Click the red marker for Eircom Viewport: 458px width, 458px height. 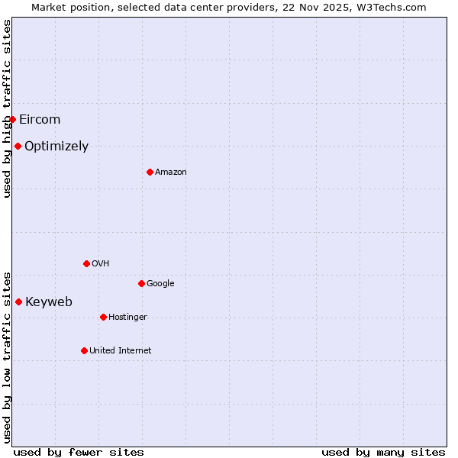click(x=12, y=119)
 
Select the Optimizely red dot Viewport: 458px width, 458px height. click(x=18, y=146)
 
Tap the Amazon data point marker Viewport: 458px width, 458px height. click(x=150, y=172)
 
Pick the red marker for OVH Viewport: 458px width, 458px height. click(x=86, y=263)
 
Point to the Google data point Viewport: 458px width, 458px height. click(x=141, y=283)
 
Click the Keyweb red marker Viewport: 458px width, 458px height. click(x=18, y=302)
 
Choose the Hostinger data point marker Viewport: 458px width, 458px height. click(x=103, y=317)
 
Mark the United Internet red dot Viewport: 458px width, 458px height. click(x=84, y=350)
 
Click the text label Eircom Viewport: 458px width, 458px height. click(x=40, y=119)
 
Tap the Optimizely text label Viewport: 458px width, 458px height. click(x=56, y=147)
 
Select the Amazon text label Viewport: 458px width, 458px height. click(x=171, y=172)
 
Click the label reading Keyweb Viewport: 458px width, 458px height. click(x=49, y=302)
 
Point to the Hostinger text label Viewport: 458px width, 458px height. click(x=127, y=317)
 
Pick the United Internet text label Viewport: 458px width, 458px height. click(x=121, y=350)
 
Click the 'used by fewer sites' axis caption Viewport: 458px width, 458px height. click(x=79, y=452)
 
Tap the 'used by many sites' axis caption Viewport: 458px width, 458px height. click(x=383, y=452)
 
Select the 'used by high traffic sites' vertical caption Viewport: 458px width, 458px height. click(x=7, y=108)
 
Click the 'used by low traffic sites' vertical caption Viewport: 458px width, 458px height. click(x=7, y=356)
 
